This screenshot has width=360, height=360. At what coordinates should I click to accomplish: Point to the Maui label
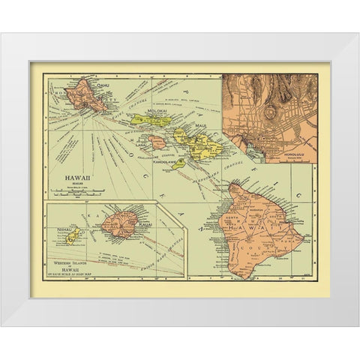point(200,126)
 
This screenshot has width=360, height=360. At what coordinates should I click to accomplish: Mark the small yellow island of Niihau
point(73,235)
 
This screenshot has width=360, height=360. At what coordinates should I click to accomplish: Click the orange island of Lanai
point(156,142)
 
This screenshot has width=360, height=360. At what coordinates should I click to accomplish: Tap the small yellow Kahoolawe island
point(178,163)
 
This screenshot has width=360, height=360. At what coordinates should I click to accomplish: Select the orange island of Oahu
point(85,96)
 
